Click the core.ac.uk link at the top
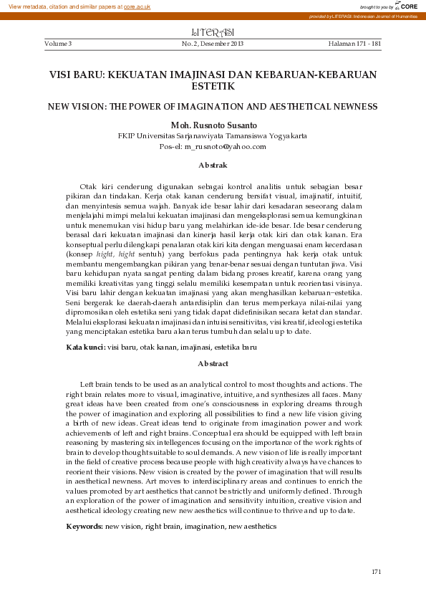(x=136, y=6)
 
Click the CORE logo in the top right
(x=407, y=6)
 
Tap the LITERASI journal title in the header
(x=214, y=33)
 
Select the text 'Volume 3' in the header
(x=58, y=44)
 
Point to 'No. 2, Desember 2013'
(x=213, y=44)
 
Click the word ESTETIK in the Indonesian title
(x=213, y=86)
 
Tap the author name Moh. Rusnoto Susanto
(x=213, y=124)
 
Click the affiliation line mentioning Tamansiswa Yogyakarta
(x=213, y=135)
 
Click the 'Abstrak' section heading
(x=213, y=166)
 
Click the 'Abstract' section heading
(x=213, y=364)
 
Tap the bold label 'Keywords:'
(x=84, y=527)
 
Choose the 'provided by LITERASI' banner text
(x=365, y=16)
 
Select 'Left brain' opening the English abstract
(x=97, y=385)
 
